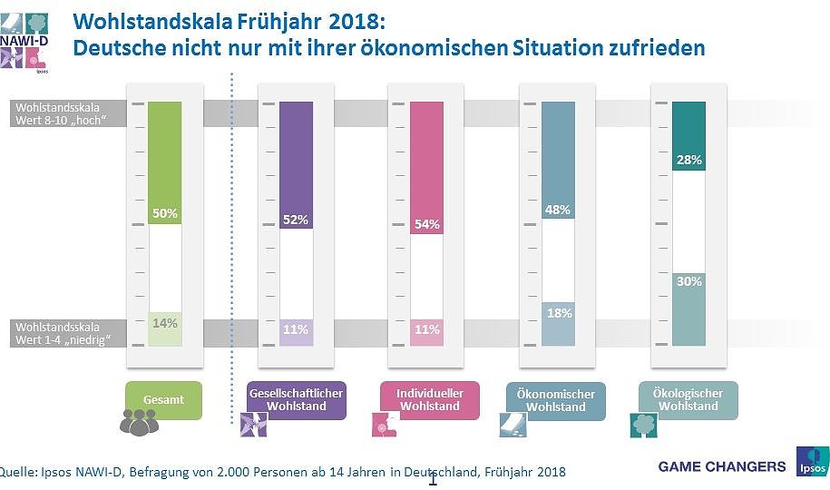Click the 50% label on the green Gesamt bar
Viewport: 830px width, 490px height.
164,213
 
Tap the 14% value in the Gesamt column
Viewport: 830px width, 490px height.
164,323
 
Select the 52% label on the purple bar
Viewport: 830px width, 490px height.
296,220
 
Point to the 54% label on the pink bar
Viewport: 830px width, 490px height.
426,224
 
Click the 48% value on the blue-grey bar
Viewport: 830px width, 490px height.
557,210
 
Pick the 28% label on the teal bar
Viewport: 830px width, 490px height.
688,160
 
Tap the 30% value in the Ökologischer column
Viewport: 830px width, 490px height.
688,281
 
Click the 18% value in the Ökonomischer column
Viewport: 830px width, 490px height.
557,313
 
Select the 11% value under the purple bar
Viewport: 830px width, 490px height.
296,329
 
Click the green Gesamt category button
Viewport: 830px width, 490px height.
164,399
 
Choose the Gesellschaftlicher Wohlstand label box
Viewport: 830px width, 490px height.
296,399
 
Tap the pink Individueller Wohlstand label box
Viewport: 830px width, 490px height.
426,399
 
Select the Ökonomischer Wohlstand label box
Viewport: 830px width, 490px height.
557,400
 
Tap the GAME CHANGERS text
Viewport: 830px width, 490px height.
722,466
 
